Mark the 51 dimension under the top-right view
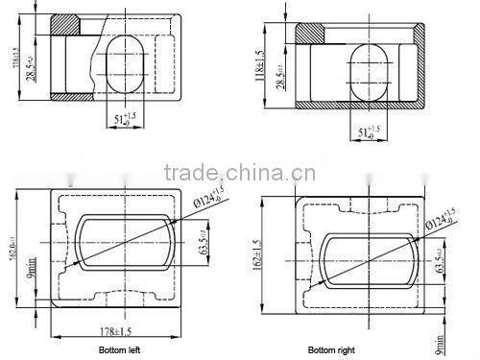[364, 130]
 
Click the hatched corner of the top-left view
[68, 24]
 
